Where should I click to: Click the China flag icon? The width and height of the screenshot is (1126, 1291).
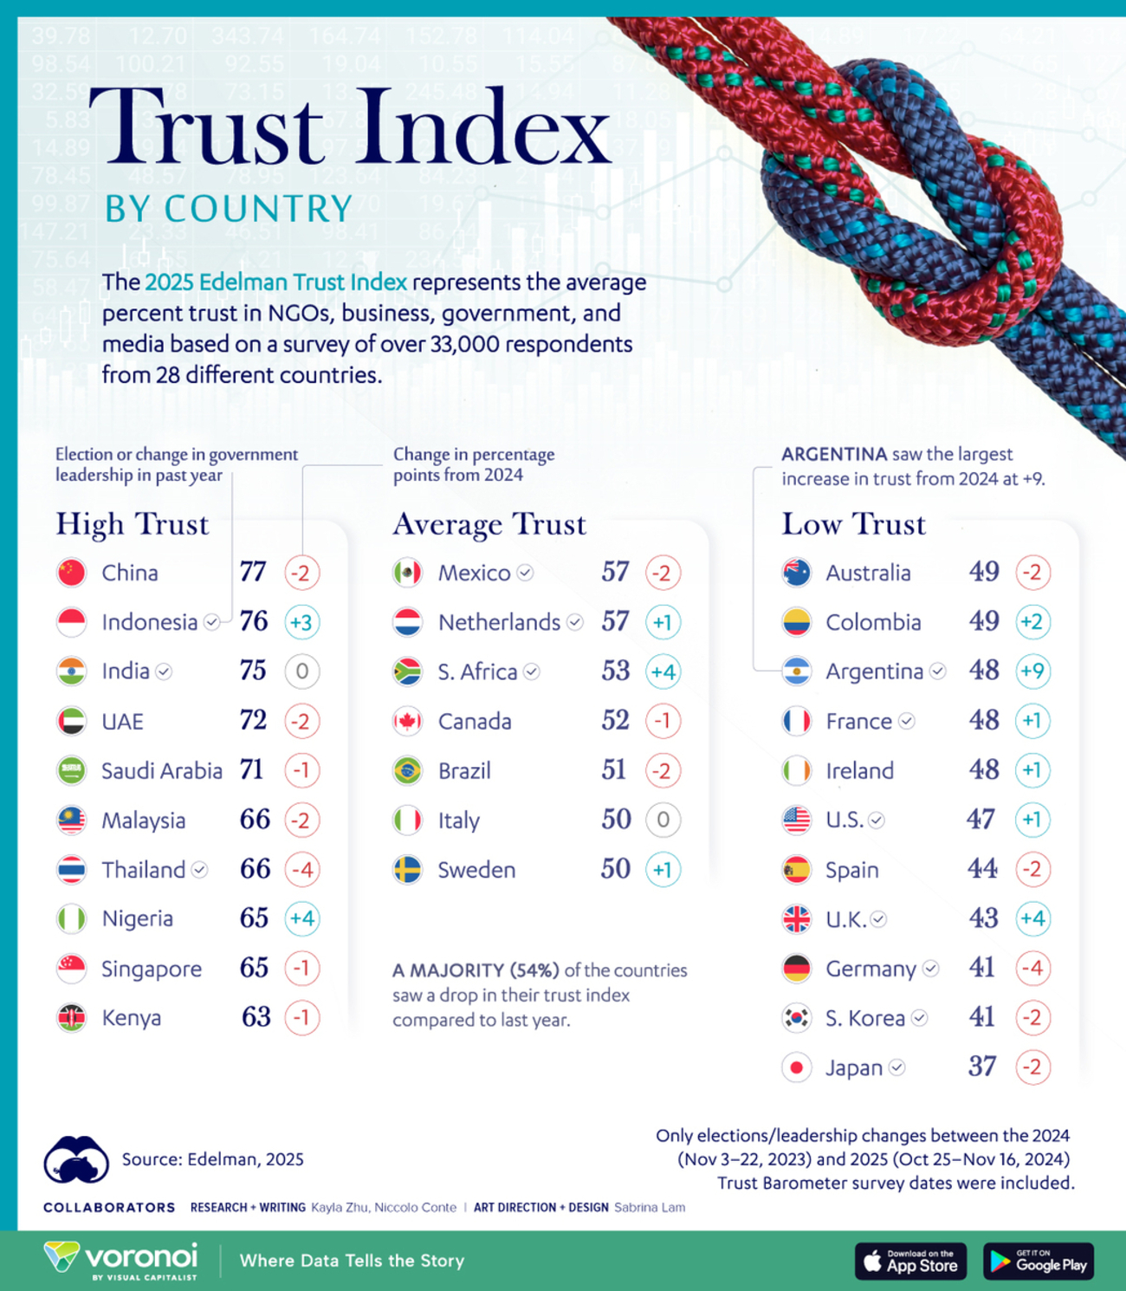[71, 573]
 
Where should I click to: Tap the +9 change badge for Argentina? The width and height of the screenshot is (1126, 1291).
[1032, 671]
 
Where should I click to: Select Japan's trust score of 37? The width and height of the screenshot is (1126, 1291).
[982, 1067]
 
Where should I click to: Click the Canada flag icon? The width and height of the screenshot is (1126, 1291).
[407, 721]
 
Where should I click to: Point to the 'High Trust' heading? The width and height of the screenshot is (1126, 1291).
[133, 524]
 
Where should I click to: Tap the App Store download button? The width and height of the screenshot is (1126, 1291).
[910, 1262]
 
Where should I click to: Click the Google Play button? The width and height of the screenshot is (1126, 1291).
[1039, 1262]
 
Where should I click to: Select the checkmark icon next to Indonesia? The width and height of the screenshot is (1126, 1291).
[211, 622]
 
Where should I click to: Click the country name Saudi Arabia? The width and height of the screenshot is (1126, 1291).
[162, 770]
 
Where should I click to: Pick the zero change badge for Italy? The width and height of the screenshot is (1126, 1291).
[663, 820]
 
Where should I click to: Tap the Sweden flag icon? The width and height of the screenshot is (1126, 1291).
[407, 869]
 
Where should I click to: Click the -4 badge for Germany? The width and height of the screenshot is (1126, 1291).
[1032, 968]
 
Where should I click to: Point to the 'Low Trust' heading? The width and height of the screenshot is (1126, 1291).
[853, 524]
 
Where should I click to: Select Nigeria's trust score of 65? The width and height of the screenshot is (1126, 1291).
[254, 918]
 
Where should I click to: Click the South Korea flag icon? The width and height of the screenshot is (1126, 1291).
[796, 1018]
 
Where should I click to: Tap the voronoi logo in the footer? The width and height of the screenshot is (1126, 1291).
[121, 1259]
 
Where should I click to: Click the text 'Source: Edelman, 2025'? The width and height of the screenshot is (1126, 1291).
[212, 1159]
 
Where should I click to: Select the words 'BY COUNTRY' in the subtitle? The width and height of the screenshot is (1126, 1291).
[229, 209]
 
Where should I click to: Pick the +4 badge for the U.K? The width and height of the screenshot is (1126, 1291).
[1032, 918]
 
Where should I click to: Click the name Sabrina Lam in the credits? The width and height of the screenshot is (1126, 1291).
[649, 1207]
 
